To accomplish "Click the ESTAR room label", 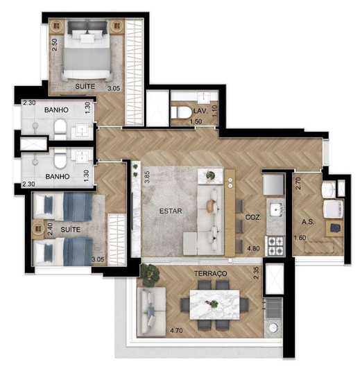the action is click(x=171, y=211).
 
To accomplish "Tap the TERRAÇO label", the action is click(x=210, y=273).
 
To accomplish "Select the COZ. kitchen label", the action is click(x=253, y=218).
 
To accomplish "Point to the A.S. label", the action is click(x=308, y=222).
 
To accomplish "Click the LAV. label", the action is click(x=200, y=111).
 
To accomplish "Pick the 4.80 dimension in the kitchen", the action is click(x=253, y=248).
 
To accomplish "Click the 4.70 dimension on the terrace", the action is click(x=176, y=330).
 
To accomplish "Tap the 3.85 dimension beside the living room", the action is click(x=147, y=177).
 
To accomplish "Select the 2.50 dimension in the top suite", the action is click(x=54, y=45).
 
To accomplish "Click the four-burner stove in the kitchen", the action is click(x=276, y=246).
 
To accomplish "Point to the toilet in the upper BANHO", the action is click(x=60, y=128).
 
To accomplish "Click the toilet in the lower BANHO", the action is click(x=60, y=158).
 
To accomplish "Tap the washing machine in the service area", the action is click(x=333, y=209).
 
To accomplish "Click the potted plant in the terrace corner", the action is click(x=150, y=273).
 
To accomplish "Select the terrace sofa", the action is click(x=151, y=311).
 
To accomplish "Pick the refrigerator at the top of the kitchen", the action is click(x=274, y=184).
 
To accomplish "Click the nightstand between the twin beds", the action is click(x=38, y=229).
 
